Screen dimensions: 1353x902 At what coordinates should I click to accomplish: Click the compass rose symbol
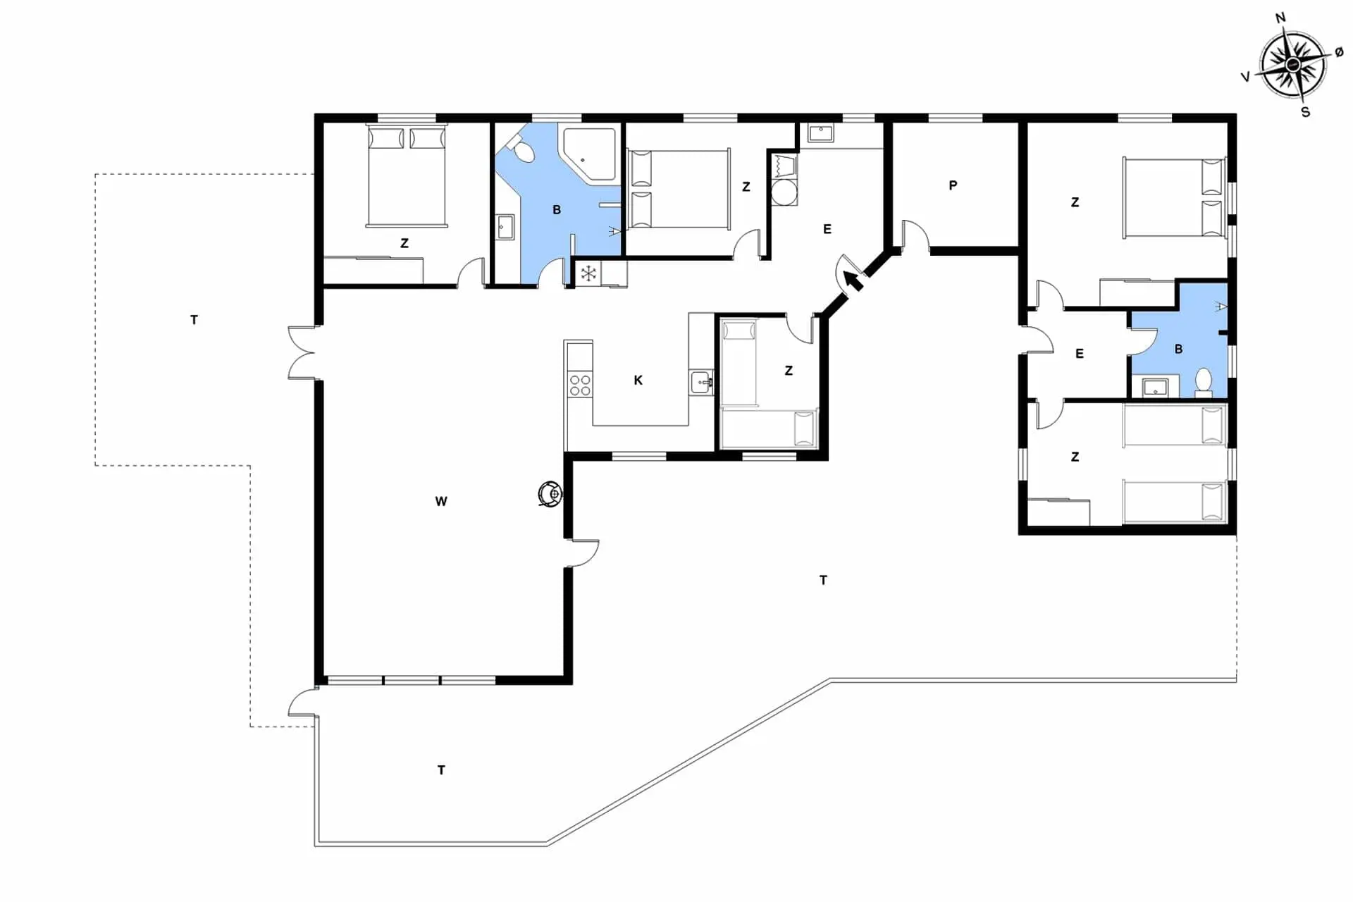pos(1292,65)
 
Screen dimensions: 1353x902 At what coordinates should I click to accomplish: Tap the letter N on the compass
pos(1280,18)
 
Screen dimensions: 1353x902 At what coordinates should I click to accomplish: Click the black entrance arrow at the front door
pos(853,280)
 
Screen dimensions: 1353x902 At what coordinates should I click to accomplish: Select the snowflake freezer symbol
pos(588,273)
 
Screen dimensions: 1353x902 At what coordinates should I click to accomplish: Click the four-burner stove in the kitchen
pos(580,385)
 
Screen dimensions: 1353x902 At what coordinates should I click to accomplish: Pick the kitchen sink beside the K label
pos(701,383)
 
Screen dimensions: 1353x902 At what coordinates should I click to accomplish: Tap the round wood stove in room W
pos(550,493)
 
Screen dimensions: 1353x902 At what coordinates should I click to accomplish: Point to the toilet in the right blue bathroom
pos(1204,383)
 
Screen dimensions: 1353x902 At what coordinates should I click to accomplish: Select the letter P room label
pos(953,185)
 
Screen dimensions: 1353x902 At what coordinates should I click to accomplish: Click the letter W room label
pos(441,502)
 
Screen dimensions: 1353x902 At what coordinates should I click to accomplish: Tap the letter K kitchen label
pos(638,381)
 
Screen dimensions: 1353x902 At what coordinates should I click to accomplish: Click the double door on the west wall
pos(302,352)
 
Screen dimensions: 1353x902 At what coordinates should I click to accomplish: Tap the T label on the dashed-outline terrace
pos(194,320)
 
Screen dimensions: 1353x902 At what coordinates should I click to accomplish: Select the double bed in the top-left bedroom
pos(406,176)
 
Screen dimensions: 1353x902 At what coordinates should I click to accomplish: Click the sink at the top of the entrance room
pos(820,132)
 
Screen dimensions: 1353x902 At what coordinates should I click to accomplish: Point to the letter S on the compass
pos(1305,112)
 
